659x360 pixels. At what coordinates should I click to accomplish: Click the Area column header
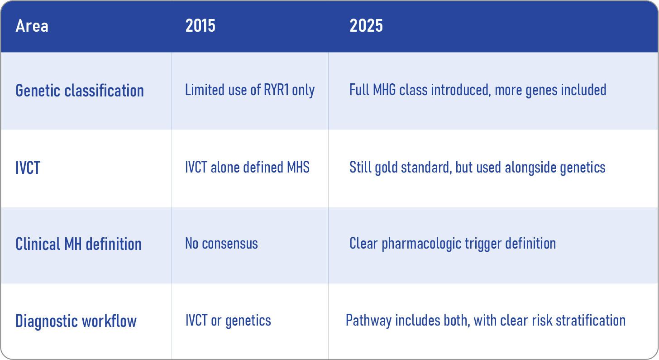point(32,26)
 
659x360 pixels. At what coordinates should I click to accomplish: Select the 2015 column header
point(201,26)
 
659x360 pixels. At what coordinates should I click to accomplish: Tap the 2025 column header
point(366,26)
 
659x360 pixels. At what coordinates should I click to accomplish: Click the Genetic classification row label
point(80,91)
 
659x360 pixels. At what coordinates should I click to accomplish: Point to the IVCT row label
point(28,168)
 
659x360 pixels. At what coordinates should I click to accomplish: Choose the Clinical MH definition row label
point(79,244)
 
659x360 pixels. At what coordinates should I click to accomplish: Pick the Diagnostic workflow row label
point(76,321)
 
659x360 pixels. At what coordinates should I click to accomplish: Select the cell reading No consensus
point(221,244)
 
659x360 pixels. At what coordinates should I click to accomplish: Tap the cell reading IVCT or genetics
point(228,321)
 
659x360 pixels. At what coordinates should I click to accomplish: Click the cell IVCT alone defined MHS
point(247,167)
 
